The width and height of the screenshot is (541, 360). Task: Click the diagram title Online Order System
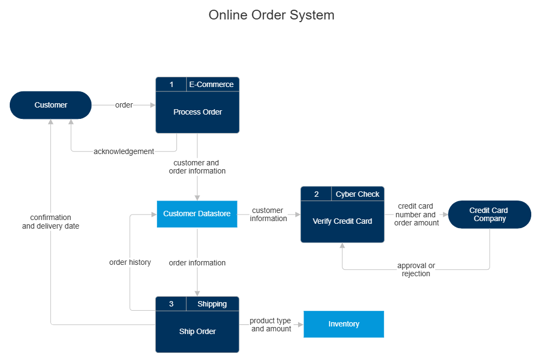coord(271,15)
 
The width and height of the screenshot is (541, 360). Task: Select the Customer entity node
coord(51,105)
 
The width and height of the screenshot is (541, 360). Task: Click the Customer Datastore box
coord(197,214)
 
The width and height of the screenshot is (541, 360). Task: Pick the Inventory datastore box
coord(344,324)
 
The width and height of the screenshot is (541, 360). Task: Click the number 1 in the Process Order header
coord(171,84)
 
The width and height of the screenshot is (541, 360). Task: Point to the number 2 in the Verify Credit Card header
coord(316,194)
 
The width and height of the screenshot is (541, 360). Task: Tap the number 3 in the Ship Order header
coord(171,304)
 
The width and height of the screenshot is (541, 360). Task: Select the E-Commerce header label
coord(212,84)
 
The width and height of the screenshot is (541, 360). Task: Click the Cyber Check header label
coord(358,194)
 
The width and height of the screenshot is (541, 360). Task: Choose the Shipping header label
coord(212,304)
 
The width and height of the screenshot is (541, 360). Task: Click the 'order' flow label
coord(124,105)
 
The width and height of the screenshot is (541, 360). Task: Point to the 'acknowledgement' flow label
coord(124,151)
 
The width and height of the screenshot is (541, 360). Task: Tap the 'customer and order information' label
coord(197,166)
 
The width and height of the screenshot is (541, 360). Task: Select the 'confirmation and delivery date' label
coord(51,222)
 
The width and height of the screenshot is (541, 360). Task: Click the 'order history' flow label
coord(130,262)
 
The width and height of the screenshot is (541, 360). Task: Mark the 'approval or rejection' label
coord(416,269)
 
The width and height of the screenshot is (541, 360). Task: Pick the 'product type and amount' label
coord(270,324)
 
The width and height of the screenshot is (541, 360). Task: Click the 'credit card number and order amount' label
coord(415,215)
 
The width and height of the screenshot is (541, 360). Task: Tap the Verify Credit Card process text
coord(342,221)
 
